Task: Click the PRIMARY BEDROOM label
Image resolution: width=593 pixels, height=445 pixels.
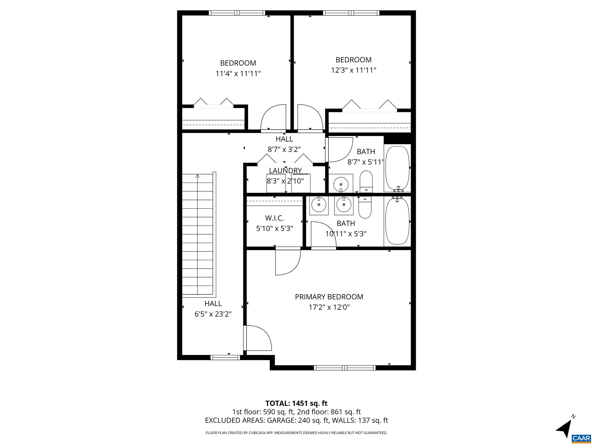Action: [x=329, y=297]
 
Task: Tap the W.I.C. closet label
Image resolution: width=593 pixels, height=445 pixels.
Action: [x=274, y=218]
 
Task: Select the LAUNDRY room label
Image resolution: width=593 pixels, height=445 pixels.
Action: [x=285, y=171]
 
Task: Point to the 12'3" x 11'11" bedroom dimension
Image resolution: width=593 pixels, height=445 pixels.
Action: [x=353, y=70]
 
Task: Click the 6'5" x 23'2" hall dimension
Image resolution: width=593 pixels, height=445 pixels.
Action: [x=213, y=314]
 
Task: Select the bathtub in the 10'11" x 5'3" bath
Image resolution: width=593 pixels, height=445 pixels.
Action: [x=397, y=221]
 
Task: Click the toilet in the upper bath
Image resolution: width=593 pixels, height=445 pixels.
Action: [x=366, y=182]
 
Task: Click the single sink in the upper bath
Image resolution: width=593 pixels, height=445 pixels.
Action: [x=341, y=184]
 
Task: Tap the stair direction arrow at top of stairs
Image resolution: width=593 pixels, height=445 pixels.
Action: [x=198, y=176]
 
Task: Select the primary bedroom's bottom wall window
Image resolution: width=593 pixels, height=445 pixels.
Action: [x=345, y=368]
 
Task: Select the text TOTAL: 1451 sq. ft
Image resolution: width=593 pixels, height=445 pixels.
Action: [x=296, y=403]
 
